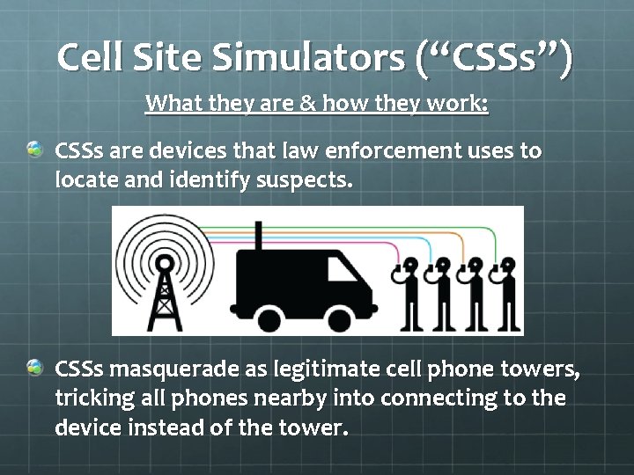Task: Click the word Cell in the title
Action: click(x=91, y=58)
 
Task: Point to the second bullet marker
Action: click(x=33, y=366)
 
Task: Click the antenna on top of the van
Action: click(x=259, y=235)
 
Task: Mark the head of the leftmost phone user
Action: click(x=413, y=267)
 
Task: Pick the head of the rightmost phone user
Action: click(x=506, y=267)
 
